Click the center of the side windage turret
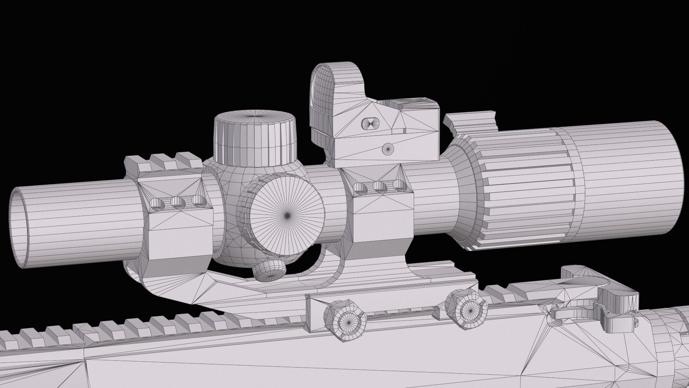pyautogui.click(x=287, y=215)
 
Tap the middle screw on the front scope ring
pyautogui.click(x=177, y=203)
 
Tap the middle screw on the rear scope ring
pyautogui.click(x=379, y=186)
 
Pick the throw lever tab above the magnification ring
pyautogui.click(x=470, y=122)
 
